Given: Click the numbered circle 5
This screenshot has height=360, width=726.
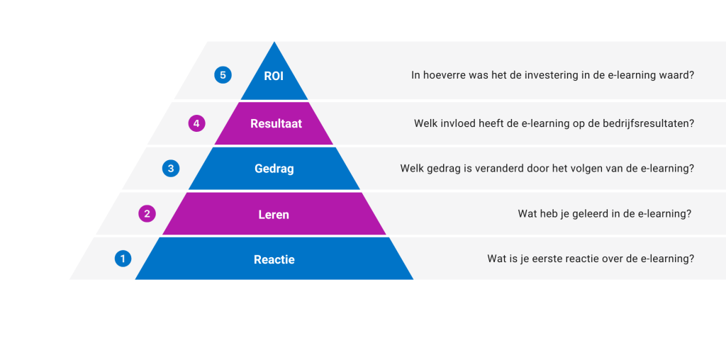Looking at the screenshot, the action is coord(223,75).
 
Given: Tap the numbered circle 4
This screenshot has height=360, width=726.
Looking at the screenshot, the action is coord(197,123).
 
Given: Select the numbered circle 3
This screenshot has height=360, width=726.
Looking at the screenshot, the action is coord(171,169).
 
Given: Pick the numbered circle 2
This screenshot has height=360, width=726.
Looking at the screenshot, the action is coord(147,214).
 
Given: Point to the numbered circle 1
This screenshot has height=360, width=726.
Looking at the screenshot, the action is coord(123,259).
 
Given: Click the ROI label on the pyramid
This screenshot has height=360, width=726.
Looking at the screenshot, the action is coord(274,77).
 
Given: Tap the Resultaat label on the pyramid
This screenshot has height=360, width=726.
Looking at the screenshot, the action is coord(276,123).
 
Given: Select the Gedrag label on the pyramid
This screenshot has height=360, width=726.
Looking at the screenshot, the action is coord(274,169).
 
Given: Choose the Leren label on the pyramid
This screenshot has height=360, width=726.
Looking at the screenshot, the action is coord(274,215).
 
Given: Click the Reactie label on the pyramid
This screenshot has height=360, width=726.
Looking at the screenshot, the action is coord(274,259).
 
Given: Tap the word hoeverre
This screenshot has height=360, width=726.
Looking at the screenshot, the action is coord(439,75).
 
